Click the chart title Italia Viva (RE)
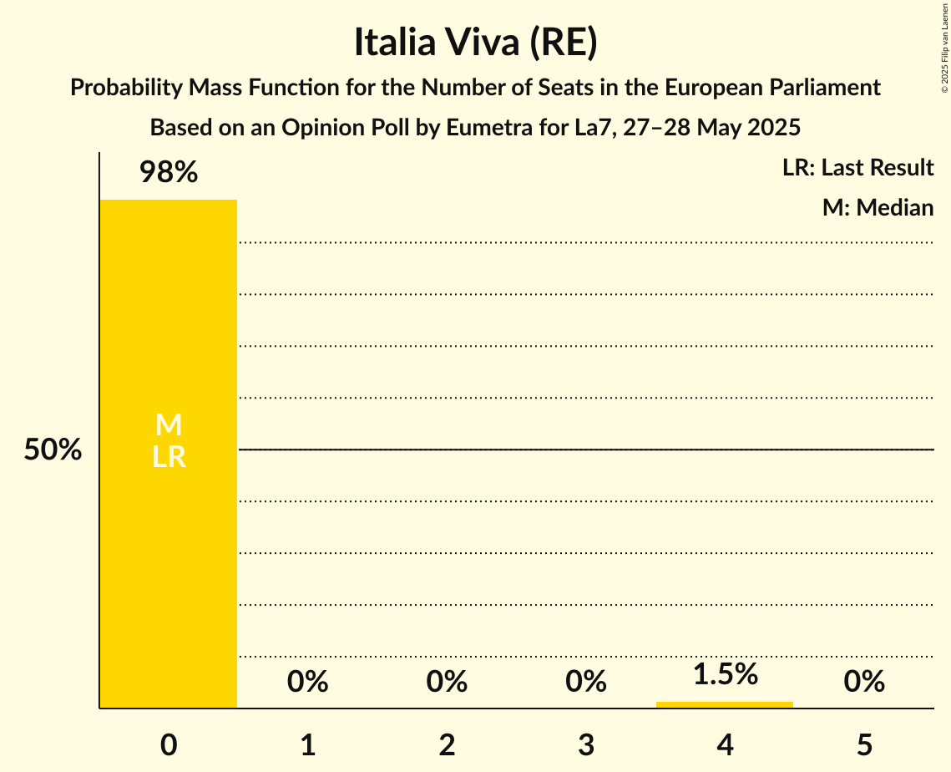(x=475, y=43)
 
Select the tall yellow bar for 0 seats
(x=169, y=568)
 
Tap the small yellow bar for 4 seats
(x=725, y=704)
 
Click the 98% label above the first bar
(x=169, y=173)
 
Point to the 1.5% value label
(x=725, y=674)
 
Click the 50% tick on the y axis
(x=53, y=450)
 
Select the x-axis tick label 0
(x=169, y=744)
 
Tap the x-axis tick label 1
(x=308, y=744)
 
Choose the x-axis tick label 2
(x=447, y=744)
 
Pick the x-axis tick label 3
(x=586, y=744)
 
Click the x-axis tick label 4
(x=725, y=744)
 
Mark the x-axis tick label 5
(x=864, y=744)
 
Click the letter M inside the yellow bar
(x=169, y=425)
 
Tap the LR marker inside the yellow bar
(x=169, y=457)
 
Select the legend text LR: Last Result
(x=857, y=168)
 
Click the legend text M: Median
(x=878, y=207)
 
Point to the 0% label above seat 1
(x=308, y=683)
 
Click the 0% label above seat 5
(x=864, y=683)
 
